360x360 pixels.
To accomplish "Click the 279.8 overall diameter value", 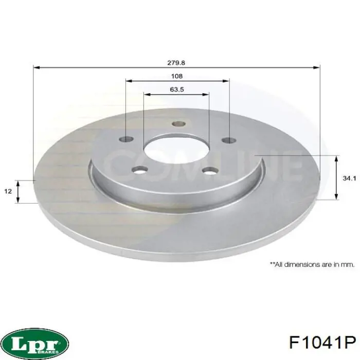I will [176, 63].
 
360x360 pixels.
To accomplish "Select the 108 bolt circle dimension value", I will [176, 76].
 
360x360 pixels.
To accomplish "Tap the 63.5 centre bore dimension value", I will [176, 89].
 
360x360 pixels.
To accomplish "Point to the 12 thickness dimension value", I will [8, 191].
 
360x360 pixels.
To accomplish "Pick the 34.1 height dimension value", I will [349, 178].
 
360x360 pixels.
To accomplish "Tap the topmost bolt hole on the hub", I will [178, 123].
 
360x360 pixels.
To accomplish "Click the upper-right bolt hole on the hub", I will [229, 139].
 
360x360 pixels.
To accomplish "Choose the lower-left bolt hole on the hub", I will [139, 170].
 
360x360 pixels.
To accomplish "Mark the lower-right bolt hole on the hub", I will [210, 170].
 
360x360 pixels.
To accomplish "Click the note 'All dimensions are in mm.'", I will [312, 264].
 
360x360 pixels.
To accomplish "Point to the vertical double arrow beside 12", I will [19, 191].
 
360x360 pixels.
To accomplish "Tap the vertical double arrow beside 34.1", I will [337, 177].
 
